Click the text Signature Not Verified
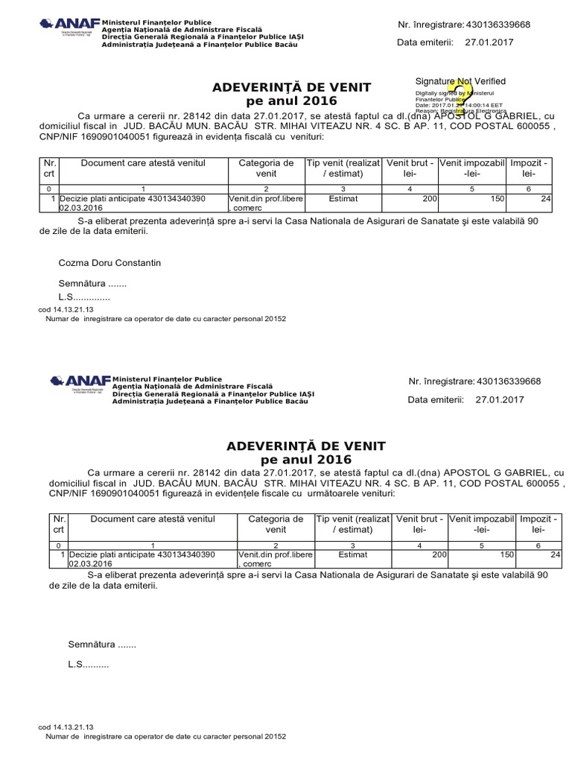460,81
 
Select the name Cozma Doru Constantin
109,263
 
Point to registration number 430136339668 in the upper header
498,25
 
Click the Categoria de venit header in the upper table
266,168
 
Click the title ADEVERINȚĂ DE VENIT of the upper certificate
292,89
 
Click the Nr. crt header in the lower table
59,524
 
